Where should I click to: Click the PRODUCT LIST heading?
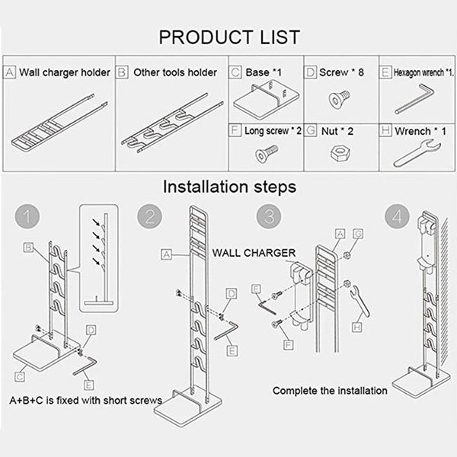click(228, 36)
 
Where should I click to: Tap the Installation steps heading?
click(228, 185)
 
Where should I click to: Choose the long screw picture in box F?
click(264, 153)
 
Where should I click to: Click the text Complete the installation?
click(330, 391)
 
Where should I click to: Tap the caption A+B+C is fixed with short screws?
click(85, 401)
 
